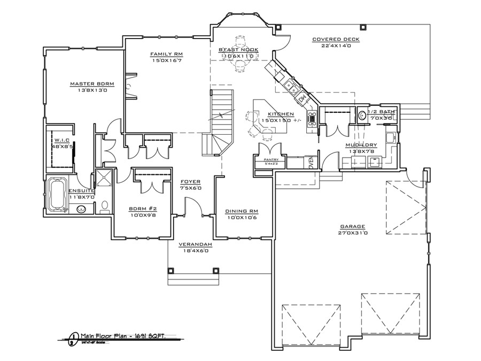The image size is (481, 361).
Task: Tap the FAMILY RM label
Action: pyautogui.click(x=167, y=54)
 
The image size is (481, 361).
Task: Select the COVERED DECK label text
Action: pyautogui.click(x=336, y=40)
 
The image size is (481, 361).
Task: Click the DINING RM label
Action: pyautogui.click(x=242, y=211)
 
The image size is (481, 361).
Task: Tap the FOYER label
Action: pyautogui.click(x=190, y=181)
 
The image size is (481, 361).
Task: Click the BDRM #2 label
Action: pyautogui.click(x=142, y=209)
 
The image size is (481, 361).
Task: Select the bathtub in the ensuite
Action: pyautogui.click(x=57, y=194)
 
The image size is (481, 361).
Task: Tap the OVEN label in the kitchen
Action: pyautogui.click(x=312, y=163)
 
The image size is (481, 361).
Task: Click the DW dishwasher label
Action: pyautogui.click(x=302, y=98)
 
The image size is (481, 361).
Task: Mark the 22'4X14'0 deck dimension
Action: pyautogui.click(x=336, y=46)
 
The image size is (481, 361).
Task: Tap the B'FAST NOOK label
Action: pyautogui.click(x=238, y=50)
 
